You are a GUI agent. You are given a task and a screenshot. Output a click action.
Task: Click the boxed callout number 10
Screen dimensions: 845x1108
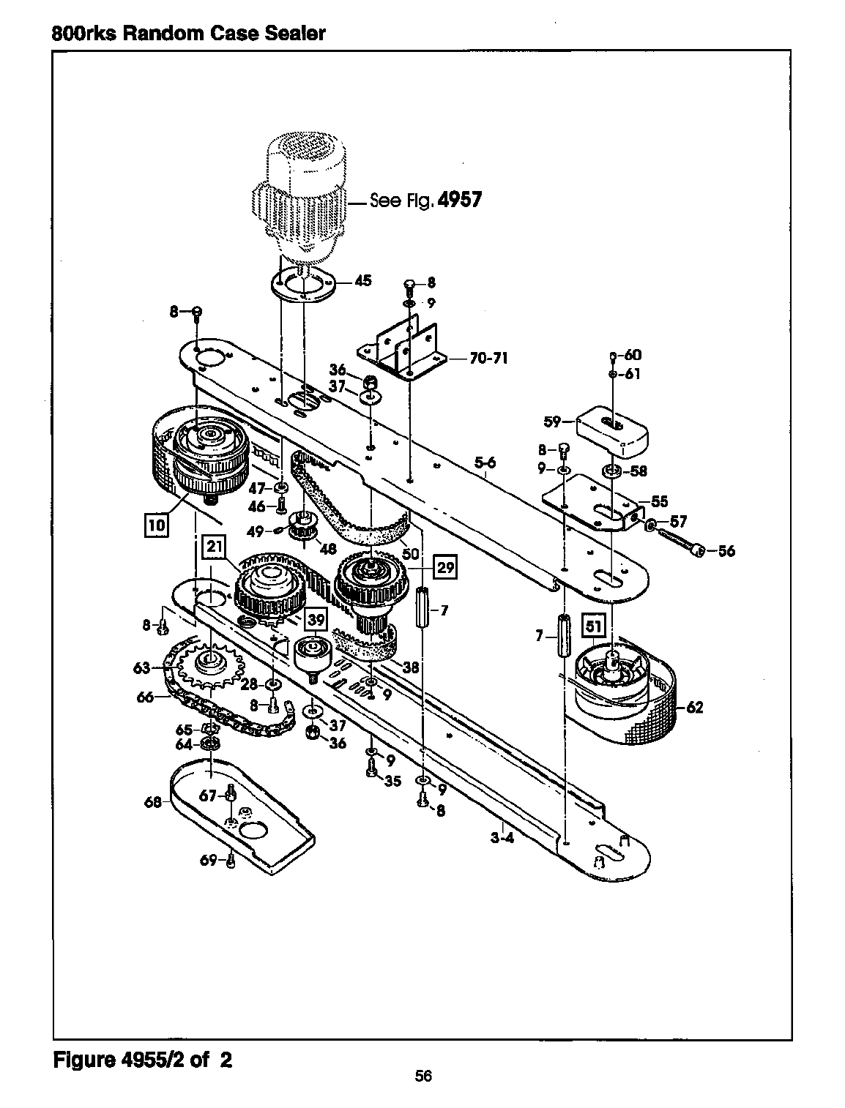pos(157,525)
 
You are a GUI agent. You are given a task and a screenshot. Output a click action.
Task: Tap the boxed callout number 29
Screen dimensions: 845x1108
pos(445,567)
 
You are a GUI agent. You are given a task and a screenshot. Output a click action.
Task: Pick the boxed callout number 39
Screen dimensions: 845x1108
pos(316,618)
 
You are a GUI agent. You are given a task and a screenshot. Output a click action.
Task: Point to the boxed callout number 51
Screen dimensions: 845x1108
pos(593,626)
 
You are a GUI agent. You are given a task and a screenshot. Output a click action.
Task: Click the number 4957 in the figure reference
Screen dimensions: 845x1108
pos(460,200)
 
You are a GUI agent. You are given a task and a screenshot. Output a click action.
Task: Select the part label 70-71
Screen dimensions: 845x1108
pos(488,358)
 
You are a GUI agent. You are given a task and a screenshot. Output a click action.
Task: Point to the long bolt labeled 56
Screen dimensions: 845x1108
pos(675,539)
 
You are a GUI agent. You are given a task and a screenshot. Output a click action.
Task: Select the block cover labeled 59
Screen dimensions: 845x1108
pos(612,429)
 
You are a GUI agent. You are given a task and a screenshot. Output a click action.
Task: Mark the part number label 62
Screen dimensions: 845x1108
pos(695,707)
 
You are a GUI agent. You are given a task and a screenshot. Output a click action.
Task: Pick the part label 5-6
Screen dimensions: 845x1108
pos(485,462)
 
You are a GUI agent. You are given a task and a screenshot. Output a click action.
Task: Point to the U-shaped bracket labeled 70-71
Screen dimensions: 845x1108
pos(401,348)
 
